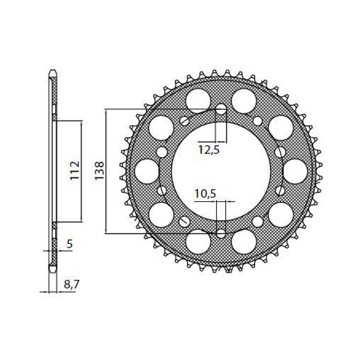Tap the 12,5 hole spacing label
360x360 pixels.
click(209, 149)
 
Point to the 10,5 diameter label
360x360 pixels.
click(205, 194)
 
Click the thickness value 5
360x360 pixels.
click(69, 244)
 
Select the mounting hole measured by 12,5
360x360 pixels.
click(221, 109)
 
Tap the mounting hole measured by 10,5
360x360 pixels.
click(221, 234)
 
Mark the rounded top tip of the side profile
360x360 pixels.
click(53, 73)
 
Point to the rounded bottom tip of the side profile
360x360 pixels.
click(53, 269)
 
